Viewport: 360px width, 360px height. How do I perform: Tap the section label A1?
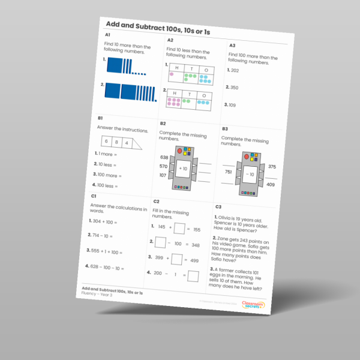(x=108, y=35)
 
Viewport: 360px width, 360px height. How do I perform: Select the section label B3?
(x=225, y=128)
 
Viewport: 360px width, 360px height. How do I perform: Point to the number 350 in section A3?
(x=234, y=88)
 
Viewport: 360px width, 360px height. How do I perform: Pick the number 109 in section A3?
(x=232, y=105)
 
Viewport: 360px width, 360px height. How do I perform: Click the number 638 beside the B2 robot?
(x=164, y=157)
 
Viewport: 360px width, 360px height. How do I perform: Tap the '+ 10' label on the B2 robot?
(x=183, y=169)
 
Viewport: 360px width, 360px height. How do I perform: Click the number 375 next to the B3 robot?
(x=272, y=166)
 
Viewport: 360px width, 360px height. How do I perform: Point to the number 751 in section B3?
(x=228, y=172)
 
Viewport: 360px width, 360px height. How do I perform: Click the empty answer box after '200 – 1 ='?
(x=193, y=277)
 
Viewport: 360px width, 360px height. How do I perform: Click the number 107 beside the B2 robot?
(x=163, y=175)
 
